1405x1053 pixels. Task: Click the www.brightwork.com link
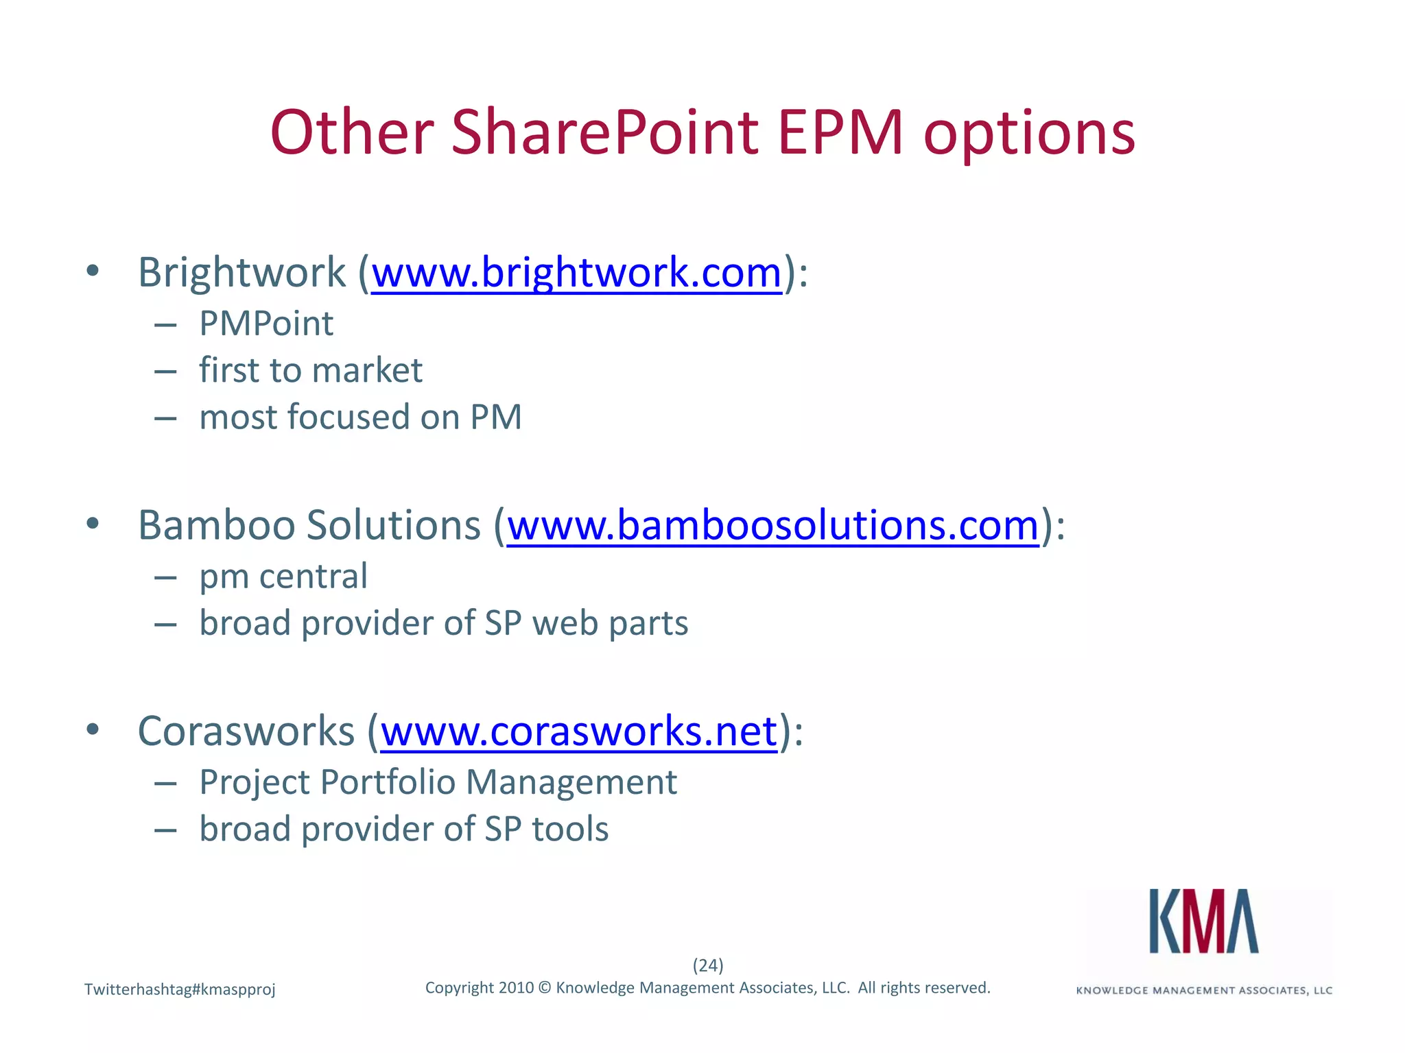(x=576, y=273)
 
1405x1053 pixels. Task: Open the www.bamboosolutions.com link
(x=773, y=526)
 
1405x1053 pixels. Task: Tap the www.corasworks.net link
(x=579, y=731)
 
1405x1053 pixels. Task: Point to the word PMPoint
(x=266, y=324)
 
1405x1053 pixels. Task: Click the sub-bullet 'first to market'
(x=311, y=370)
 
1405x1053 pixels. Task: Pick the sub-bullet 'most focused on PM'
(x=360, y=417)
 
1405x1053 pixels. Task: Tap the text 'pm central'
(x=283, y=576)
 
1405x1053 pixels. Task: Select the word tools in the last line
(x=570, y=829)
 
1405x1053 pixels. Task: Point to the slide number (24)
(x=708, y=965)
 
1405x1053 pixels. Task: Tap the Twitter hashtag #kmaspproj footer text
(x=180, y=989)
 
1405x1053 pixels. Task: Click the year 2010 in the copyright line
(x=516, y=988)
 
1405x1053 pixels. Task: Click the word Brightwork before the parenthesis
(x=241, y=273)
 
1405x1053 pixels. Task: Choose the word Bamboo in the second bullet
(x=217, y=526)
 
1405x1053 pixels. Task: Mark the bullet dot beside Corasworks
(x=93, y=729)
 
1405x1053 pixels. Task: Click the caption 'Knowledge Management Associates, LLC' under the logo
(x=1204, y=991)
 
